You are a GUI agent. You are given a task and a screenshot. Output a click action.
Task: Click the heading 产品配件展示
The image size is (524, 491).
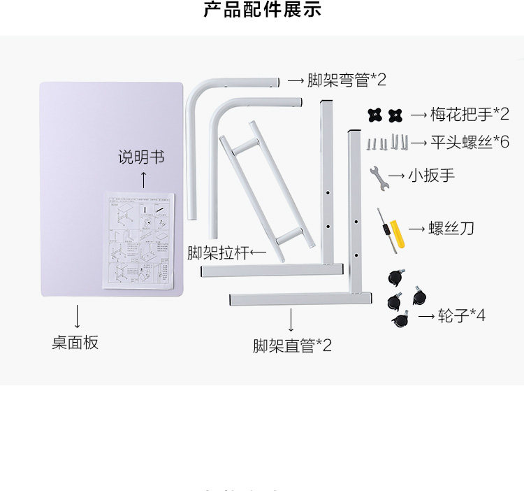[262, 10]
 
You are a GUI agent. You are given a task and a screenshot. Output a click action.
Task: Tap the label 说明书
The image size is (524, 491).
[141, 157]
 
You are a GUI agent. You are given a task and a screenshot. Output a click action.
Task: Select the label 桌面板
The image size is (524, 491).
[75, 343]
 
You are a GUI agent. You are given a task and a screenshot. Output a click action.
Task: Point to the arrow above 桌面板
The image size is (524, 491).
[76, 315]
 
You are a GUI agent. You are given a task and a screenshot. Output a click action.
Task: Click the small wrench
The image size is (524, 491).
[377, 179]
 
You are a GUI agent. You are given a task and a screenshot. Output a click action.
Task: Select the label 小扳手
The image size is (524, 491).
[431, 175]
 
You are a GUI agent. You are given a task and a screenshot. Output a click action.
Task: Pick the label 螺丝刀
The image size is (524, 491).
[451, 229]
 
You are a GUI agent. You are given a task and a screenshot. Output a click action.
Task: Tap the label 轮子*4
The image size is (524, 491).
[461, 315]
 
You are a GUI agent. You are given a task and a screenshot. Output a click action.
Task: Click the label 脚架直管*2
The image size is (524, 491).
[292, 345]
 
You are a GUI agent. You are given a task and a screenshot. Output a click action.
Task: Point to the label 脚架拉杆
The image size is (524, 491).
[217, 252]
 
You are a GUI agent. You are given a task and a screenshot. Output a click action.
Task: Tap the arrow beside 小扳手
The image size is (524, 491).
[396, 175]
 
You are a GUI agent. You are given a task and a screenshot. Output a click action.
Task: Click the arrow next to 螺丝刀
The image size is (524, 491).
[417, 229]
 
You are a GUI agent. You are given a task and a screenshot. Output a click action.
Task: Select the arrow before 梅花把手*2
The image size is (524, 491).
[419, 114]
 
